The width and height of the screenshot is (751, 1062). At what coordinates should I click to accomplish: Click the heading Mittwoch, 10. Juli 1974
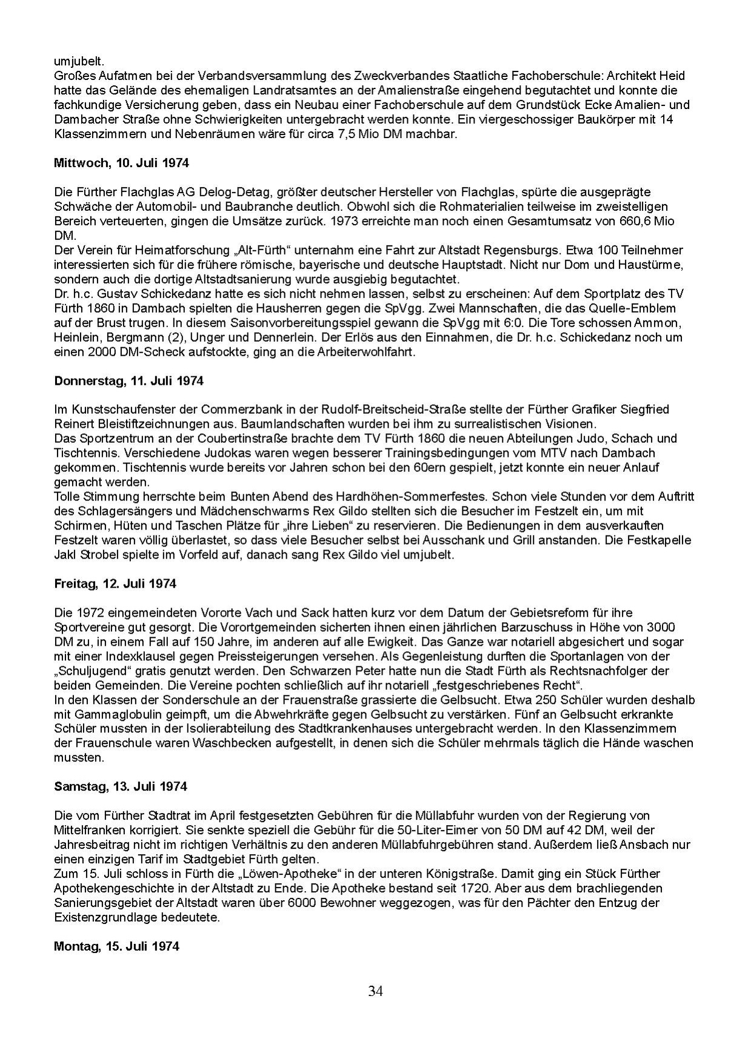(121, 163)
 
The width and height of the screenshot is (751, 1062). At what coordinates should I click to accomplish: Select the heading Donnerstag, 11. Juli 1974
(129, 381)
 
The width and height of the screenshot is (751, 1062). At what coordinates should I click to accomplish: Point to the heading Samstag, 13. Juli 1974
(121, 786)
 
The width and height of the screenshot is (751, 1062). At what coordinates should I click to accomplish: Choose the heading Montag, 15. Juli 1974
(116, 946)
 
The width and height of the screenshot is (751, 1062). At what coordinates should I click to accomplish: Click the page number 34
(375, 991)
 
